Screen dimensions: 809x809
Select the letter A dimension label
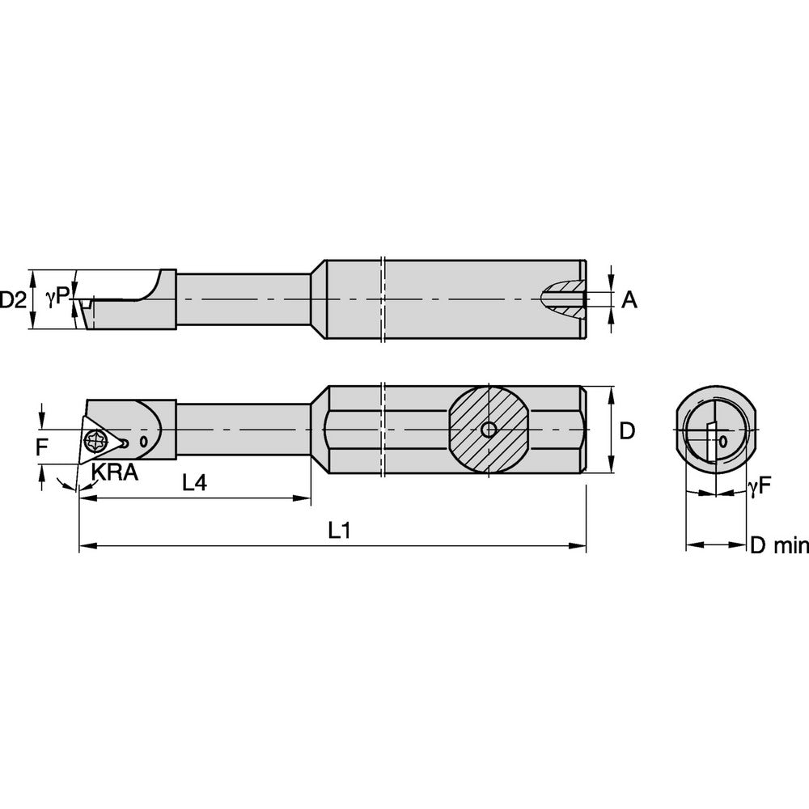629,300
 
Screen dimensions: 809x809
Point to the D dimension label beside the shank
626,431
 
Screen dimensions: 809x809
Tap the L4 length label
194,483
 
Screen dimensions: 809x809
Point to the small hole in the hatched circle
488,430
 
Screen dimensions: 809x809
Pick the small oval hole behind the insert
143,442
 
